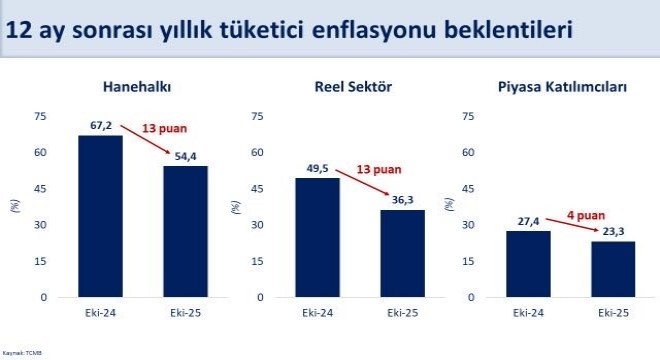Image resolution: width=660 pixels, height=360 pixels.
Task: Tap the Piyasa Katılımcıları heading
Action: (x=562, y=87)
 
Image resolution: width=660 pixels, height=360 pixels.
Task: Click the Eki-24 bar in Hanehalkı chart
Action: (x=100, y=216)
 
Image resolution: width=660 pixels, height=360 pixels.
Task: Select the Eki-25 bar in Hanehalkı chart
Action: (x=186, y=231)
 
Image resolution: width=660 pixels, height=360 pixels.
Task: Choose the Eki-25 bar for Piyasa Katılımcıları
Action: (x=612, y=269)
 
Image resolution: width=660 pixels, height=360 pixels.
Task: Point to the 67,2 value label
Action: (x=100, y=125)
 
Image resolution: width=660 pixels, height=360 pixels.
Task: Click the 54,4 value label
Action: (x=186, y=156)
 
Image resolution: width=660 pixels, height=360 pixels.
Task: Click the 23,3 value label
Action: (x=612, y=231)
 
